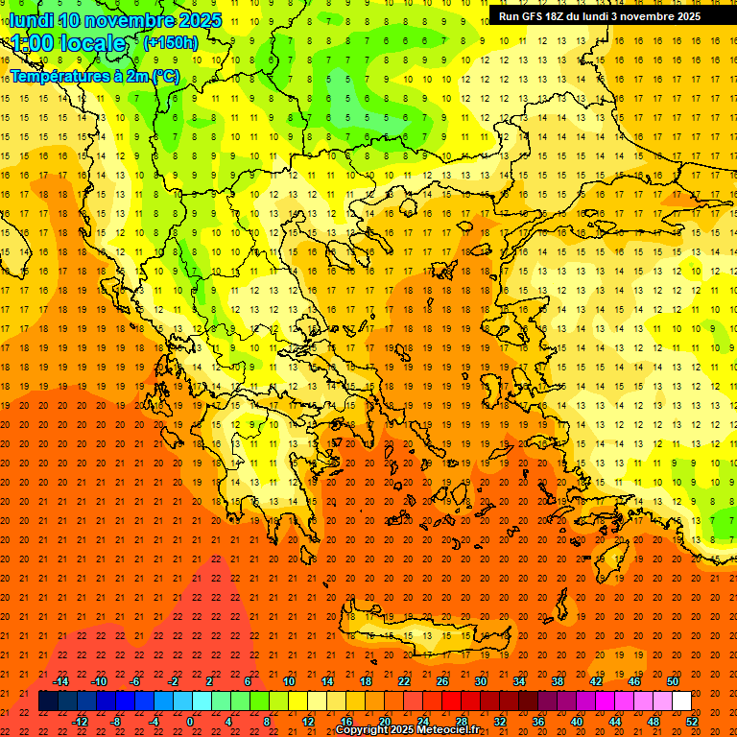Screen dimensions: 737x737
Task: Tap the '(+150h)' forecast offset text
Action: tap(170, 42)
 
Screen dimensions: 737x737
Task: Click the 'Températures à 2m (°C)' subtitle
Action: tap(94, 76)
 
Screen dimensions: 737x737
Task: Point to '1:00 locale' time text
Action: tap(68, 43)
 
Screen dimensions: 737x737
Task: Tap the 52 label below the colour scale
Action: tap(692, 721)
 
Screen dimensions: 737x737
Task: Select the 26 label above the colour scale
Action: tap(442, 681)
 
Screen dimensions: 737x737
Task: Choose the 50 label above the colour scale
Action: tap(673, 681)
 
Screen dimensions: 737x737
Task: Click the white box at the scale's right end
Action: tap(681, 701)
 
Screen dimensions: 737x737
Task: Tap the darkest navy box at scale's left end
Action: tap(48, 701)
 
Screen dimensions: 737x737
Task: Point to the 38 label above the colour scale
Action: tap(558, 681)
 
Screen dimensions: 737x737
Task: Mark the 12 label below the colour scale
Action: tap(307, 721)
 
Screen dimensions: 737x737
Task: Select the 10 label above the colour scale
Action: tap(289, 681)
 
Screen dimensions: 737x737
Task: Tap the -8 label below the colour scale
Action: tap(115, 721)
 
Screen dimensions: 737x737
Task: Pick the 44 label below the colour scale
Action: tap(615, 721)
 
